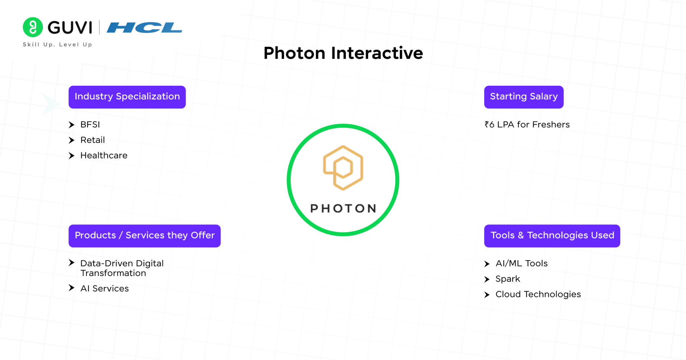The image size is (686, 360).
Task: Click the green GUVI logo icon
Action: coord(33,27)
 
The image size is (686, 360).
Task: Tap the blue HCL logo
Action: coord(144,27)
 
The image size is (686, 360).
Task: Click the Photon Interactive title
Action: coord(343,53)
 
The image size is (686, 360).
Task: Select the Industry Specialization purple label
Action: coord(127,97)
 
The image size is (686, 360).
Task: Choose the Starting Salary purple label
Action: coord(524,97)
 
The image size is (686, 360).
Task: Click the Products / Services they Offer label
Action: coord(144,236)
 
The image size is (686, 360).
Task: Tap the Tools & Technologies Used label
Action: coord(552,236)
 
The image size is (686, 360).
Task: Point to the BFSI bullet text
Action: coord(90,125)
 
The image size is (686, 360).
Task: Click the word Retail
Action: coord(92,140)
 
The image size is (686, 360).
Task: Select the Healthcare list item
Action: coord(104,155)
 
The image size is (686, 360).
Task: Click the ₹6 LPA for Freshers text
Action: coord(527,125)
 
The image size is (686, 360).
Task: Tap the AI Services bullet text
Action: coord(105,288)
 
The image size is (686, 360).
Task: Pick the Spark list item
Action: coord(508,279)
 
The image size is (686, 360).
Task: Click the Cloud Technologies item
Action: coord(538,294)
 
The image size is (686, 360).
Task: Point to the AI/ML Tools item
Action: coord(522,264)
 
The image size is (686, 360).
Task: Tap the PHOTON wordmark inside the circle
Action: coord(343,208)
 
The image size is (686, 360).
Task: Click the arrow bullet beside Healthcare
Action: coord(71,156)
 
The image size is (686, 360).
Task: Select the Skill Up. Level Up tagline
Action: coord(57,45)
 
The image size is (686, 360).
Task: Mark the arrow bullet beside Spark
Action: coord(487,279)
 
